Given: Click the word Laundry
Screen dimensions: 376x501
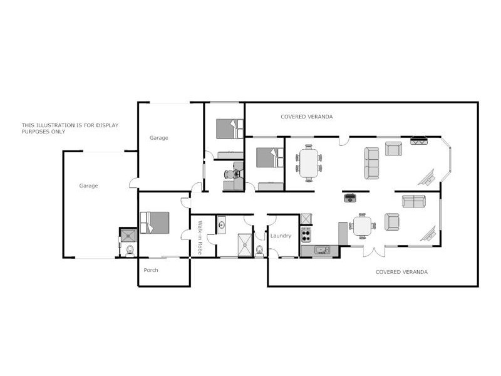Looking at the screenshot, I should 281,236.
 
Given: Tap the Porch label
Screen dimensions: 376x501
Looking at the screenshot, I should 151,270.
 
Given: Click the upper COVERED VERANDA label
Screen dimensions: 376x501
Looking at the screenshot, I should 306,117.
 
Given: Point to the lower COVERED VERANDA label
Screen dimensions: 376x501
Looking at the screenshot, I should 401,272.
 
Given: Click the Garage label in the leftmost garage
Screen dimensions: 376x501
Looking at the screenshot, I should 88,185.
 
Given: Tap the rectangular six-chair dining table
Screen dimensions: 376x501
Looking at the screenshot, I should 309,162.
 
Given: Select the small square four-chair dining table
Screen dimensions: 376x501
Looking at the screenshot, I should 362,226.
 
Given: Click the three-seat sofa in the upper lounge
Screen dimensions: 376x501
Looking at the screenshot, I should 372,163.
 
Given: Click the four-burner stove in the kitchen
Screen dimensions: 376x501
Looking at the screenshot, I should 306,235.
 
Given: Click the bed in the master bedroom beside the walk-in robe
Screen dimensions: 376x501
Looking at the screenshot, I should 155,222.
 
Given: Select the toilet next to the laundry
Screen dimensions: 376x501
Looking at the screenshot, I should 259,250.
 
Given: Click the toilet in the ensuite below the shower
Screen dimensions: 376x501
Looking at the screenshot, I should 130,251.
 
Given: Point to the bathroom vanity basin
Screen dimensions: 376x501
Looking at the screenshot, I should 222,224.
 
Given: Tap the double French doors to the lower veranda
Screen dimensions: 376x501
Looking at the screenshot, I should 373,252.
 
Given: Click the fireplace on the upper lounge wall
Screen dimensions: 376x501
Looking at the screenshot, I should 418,140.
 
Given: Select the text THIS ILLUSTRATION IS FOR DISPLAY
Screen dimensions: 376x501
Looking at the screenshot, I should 70,125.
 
